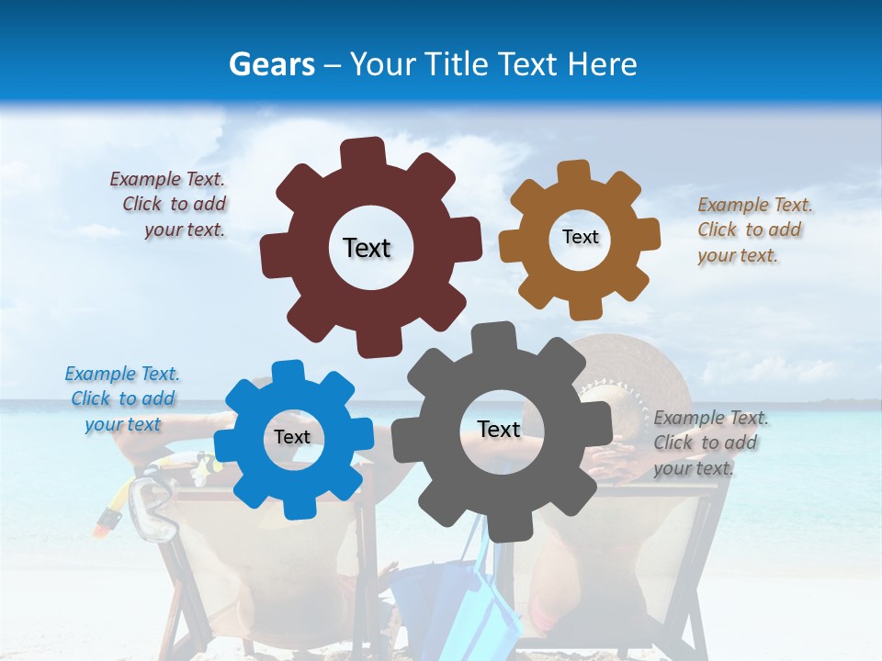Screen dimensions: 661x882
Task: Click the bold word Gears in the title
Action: click(271, 64)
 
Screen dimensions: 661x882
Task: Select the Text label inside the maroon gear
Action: click(367, 248)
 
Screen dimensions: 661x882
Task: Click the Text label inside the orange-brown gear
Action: click(580, 237)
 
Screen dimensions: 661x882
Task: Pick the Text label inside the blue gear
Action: click(292, 438)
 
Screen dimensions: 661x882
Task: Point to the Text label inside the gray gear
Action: click(499, 429)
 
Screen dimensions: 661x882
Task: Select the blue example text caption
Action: click(122, 398)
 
